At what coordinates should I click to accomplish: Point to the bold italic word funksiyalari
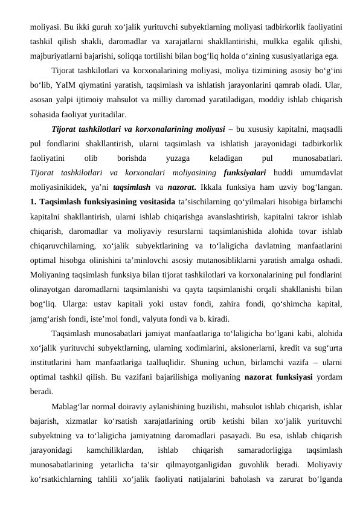coord(245,173)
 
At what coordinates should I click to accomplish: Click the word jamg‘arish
coord(50,317)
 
